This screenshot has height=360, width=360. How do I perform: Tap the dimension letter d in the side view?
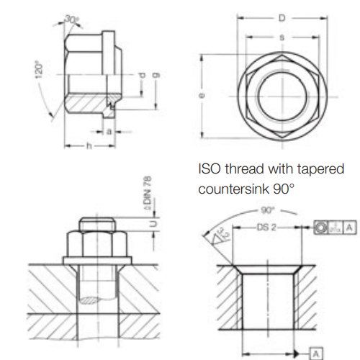click(142, 76)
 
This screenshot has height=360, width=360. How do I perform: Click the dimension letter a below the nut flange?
click(108, 132)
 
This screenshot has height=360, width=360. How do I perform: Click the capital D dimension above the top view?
click(282, 16)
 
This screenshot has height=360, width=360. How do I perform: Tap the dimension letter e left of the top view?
click(202, 93)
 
